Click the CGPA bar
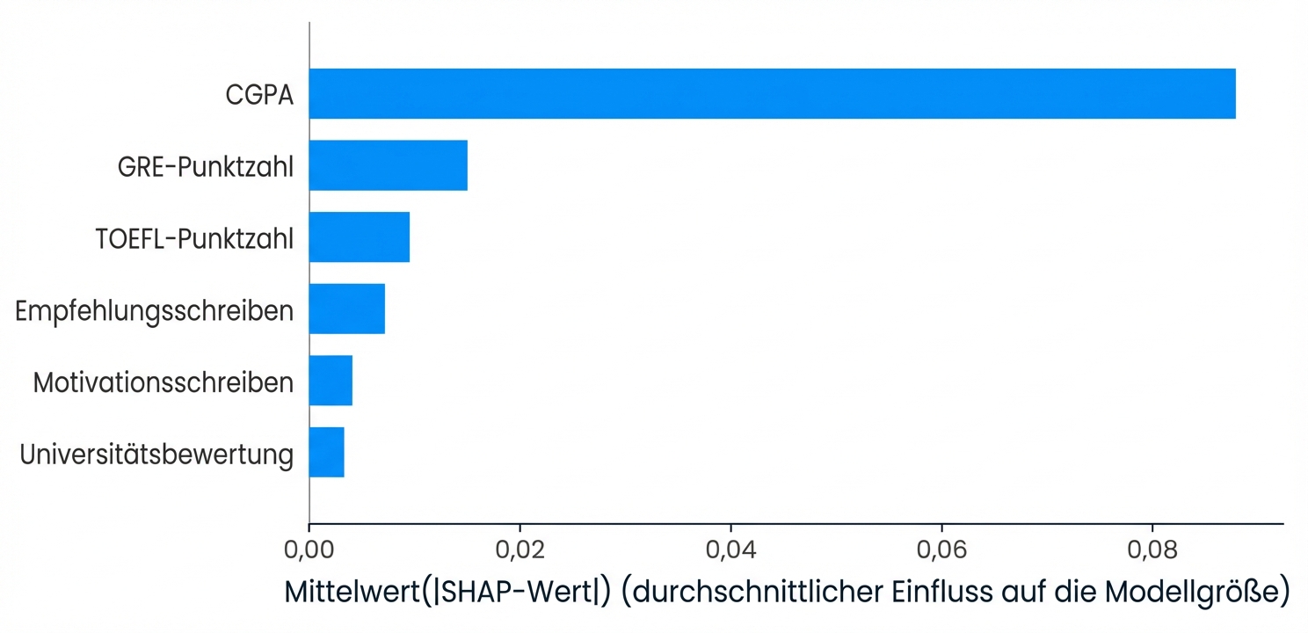click(x=772, y=93)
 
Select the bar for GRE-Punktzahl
click(x=388, y=165)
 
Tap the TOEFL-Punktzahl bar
click(x=359, y=237)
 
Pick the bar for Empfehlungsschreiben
click(x=346, y=309)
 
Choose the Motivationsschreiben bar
click(x=331, y=381)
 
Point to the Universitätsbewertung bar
click(x=326, y=453)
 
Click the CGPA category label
click(x=258, y=95)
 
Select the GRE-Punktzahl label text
click(x=206, y=167)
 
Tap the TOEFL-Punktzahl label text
click(x=194, y=239)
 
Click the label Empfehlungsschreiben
click(x=155, y=310)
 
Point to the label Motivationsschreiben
click(x=163, y=382)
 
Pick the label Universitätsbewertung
click(x=156, y=455)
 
